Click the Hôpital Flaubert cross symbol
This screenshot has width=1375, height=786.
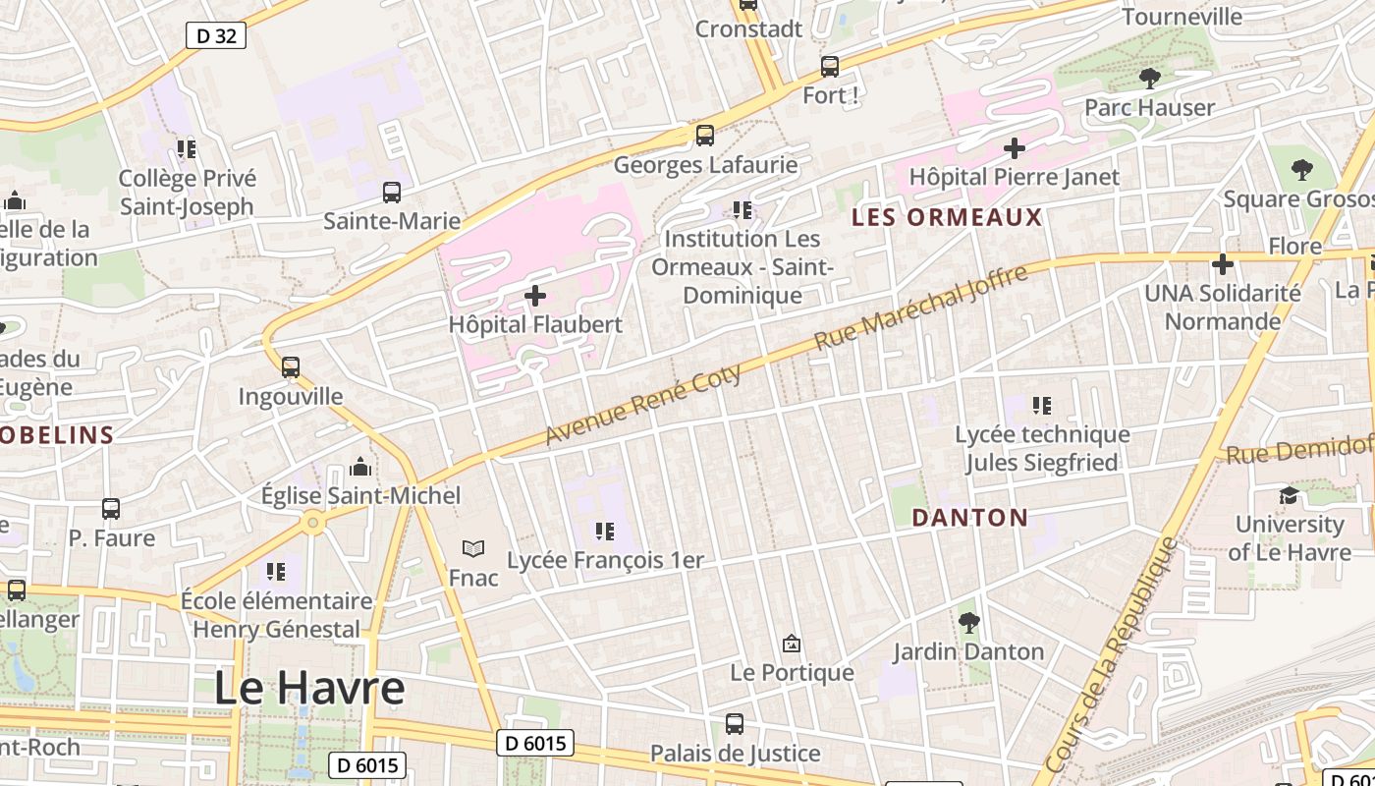535,295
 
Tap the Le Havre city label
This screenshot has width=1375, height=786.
309,688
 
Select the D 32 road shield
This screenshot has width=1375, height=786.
215,36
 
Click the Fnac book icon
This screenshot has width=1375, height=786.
473,548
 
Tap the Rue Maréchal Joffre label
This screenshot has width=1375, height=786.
921,307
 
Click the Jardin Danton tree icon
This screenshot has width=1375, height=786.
968,622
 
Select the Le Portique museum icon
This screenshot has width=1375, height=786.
791,644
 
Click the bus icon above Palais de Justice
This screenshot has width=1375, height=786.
734,724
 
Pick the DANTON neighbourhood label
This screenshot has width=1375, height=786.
969,518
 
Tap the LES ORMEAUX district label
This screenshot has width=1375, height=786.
946,217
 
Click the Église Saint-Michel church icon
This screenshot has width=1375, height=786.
360,467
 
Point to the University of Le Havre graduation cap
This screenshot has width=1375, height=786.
1289,495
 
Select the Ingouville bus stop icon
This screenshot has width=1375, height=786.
291,367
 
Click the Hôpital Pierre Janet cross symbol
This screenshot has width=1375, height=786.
1015,148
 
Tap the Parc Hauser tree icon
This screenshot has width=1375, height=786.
1149,79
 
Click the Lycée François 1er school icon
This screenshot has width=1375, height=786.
604,532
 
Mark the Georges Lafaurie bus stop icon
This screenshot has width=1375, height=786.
704,136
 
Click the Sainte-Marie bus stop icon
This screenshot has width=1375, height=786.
392,193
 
